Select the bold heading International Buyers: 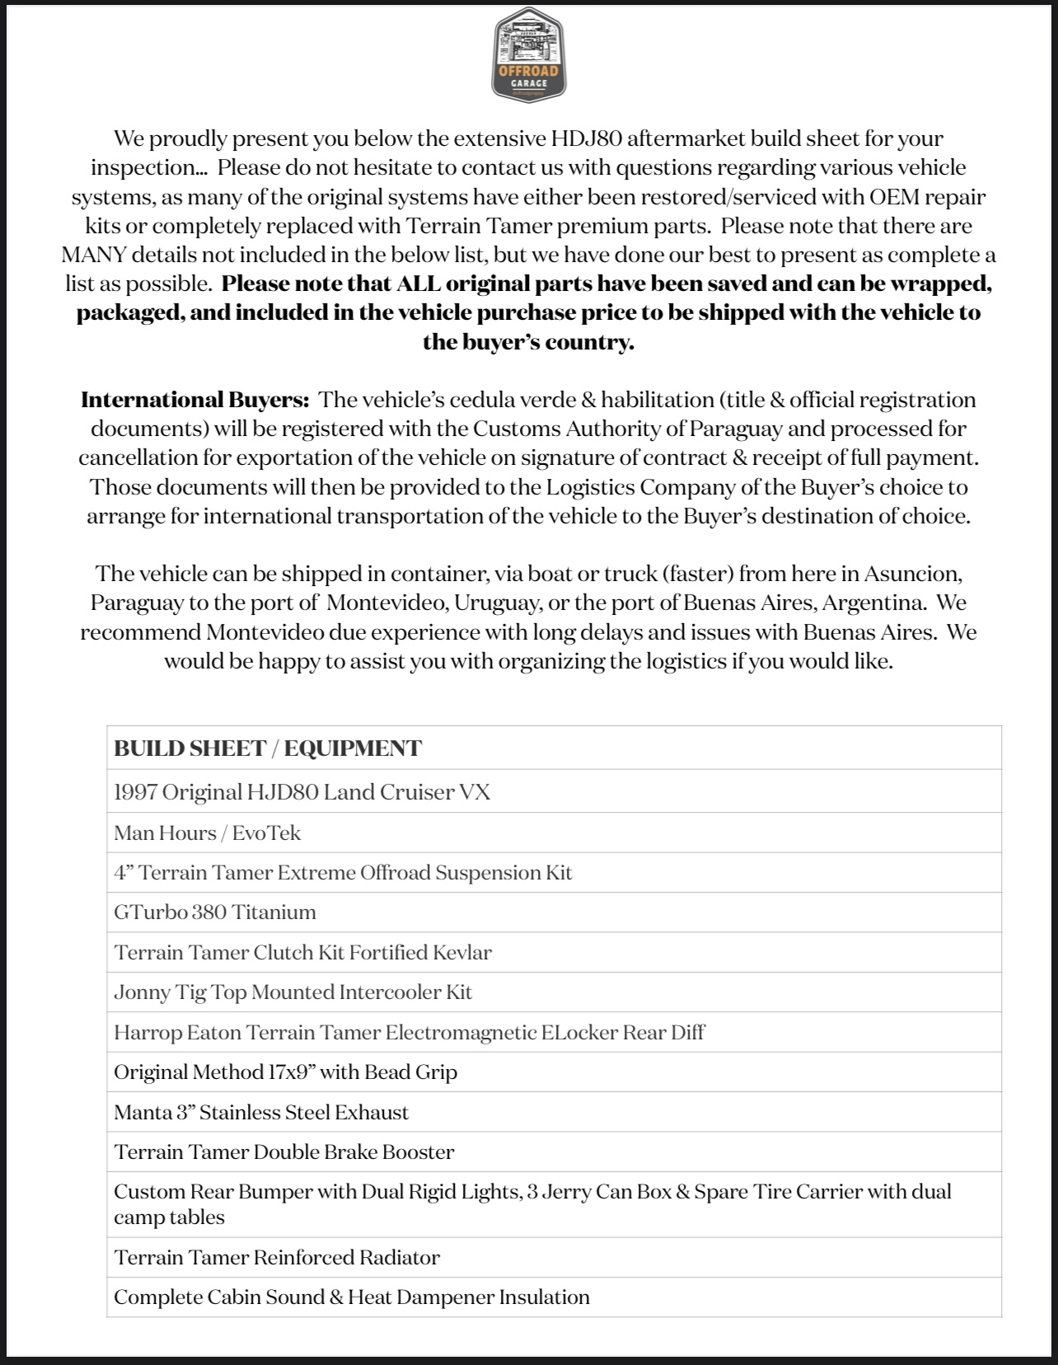(x=195, y=400)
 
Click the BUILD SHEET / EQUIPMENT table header (x=268, y=748)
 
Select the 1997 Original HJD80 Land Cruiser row (x=302, y=792)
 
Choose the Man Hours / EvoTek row (x=207, y=833)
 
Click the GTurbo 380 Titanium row (x=214, y=912)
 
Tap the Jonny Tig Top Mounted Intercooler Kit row (x=293, y=992)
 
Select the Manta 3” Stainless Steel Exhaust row (x=260, y=1112)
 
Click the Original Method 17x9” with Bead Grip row (x=285, y=1072)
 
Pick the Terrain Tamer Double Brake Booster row (x=283, y=1152)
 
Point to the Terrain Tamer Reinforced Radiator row (x=276, y=1257)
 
